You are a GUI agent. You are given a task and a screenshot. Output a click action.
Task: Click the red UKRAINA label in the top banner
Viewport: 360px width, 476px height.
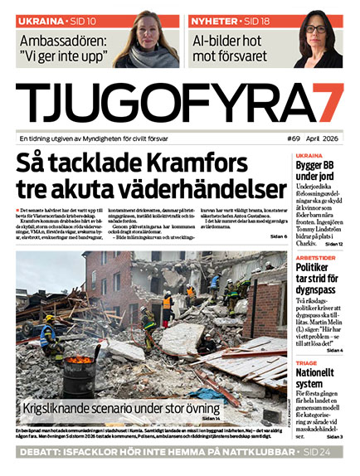(38, 19)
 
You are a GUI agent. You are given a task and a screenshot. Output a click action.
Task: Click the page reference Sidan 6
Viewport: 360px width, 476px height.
(275, 237)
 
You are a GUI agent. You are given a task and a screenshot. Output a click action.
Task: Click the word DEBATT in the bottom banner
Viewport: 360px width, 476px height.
(42, 454)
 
